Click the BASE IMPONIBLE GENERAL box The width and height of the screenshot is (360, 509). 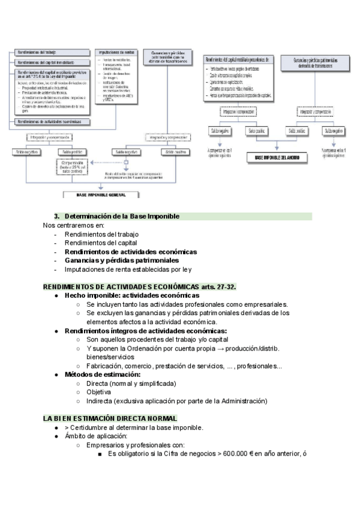[101, 195]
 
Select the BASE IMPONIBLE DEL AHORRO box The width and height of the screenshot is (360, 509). [277, 157]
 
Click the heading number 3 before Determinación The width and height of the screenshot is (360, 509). [57, 216]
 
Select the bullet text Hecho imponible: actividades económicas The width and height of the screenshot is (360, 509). [131, 295]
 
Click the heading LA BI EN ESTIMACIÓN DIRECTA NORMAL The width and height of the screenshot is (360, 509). [110, 418]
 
